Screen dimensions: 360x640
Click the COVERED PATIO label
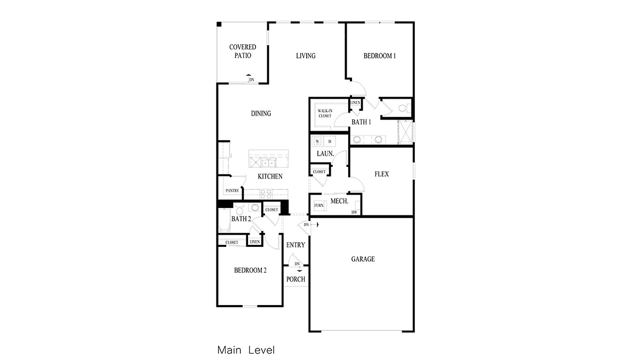(243, 51)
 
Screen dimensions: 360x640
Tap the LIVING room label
(306, 56)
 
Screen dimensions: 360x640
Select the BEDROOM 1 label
(379, 56)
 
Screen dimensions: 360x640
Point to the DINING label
(261, 113)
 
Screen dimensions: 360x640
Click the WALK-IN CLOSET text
(325, 113)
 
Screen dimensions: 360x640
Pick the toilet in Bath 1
(403, 108)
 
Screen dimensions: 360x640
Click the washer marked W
(317, 141)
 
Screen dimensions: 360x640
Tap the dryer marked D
(330, 141)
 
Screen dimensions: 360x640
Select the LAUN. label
(325, 154)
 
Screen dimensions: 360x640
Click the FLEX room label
(381, 174)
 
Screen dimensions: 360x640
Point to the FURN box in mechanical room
(319, 205)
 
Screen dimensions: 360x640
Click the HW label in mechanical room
(354, 212)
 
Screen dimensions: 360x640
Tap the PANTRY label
(232, 190)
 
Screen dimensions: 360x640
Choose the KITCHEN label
(270, 177)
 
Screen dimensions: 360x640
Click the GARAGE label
(363, 259)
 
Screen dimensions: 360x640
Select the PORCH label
(295, 279)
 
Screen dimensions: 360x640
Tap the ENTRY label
(295, 245)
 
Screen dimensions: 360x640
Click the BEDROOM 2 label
(250, 270)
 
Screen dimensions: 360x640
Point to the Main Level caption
(246, 350)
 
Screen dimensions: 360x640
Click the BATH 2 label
(241, 219)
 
